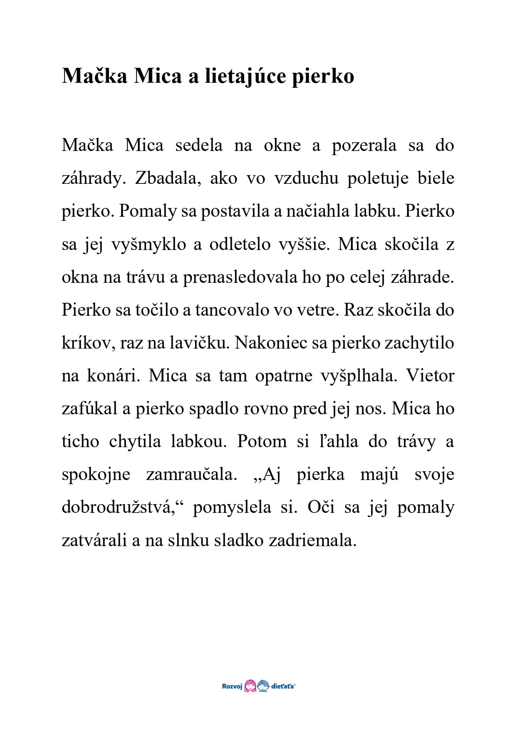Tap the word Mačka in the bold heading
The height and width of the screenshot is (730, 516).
[94, 76]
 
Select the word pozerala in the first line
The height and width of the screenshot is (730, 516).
[364, 146]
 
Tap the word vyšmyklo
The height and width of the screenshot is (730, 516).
[149, 245]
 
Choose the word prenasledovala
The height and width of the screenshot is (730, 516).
[240, 277]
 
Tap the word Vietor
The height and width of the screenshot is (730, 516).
[430, 376]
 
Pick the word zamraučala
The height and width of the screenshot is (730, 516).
[191, 475]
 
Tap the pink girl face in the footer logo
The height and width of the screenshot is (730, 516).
[250, 686]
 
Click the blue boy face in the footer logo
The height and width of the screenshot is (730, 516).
[263, 686]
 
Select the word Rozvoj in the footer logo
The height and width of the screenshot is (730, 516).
[232, 686]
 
